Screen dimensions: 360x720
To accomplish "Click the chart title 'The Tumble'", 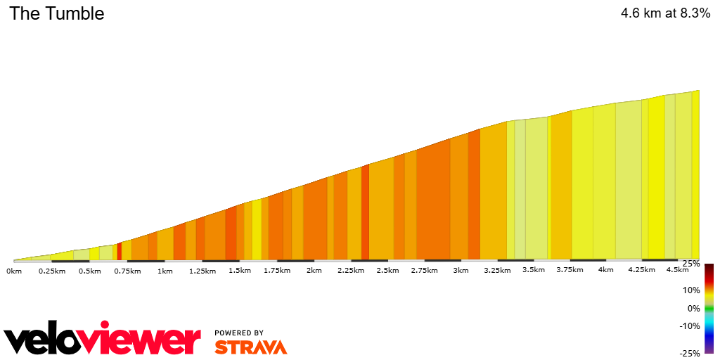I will point(56,13).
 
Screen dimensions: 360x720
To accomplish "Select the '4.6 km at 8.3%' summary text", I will point(664,13).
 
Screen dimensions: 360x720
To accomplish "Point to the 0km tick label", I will point(14,271).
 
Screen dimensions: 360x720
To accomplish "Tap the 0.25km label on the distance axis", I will point(52,271).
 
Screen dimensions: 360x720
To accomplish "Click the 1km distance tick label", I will point(165,271).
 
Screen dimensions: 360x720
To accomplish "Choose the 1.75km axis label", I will point(277,271).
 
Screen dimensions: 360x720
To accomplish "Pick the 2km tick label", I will point(314,271).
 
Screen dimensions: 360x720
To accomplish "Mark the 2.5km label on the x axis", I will point(387,271).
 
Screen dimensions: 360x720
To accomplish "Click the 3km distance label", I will point(461,271).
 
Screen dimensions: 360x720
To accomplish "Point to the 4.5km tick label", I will point(677,270).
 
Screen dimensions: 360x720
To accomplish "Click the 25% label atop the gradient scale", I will point(690,264).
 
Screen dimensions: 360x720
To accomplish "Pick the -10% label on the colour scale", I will point(689,326).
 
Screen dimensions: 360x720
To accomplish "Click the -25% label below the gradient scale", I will point(689,353).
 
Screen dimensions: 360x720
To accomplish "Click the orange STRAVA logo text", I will point(250,347).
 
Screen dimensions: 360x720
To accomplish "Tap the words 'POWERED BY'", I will point(239,333).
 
